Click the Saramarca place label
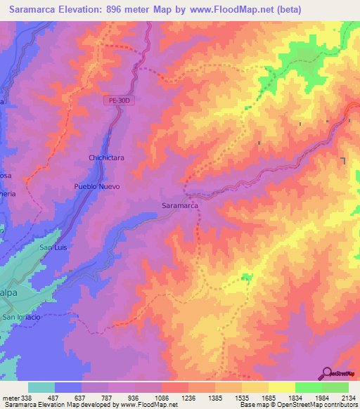tap(179, 206)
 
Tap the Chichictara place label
tap(106, 158)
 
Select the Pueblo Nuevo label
tap(97, 187)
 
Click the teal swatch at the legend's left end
tap(41, 387)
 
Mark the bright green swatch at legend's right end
tap(335, 387)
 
